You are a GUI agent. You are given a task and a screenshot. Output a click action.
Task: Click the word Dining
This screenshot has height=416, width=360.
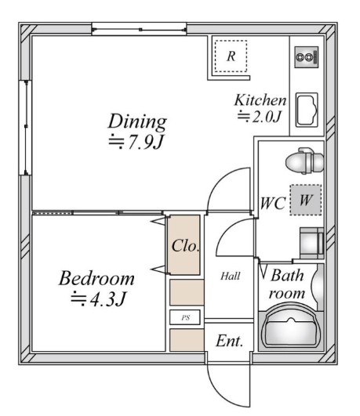[x=137, y=121]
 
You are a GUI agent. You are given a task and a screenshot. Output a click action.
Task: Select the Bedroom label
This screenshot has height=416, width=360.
[x=96, y=279]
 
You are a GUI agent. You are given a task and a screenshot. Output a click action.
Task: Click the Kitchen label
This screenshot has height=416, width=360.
[x=260, y=100]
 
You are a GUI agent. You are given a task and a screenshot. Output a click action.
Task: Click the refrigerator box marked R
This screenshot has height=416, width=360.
[x=231, y=56]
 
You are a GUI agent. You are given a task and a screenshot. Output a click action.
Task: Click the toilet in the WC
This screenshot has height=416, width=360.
[x=303, y=162]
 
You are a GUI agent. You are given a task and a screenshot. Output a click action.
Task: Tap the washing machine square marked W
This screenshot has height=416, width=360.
[x=305, y=200]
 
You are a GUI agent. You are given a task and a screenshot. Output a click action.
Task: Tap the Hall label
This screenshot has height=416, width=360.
[x=230, y=276]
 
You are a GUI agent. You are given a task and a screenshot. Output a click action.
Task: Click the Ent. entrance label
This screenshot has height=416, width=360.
[x=229, y=341]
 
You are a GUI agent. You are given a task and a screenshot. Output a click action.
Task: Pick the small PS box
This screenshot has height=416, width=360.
[x=187, y=317]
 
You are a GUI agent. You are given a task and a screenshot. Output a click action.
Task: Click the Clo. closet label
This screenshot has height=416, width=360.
[x=185, y=245]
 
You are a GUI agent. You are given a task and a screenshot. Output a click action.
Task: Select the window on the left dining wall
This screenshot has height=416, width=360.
[x=24, y=127]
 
